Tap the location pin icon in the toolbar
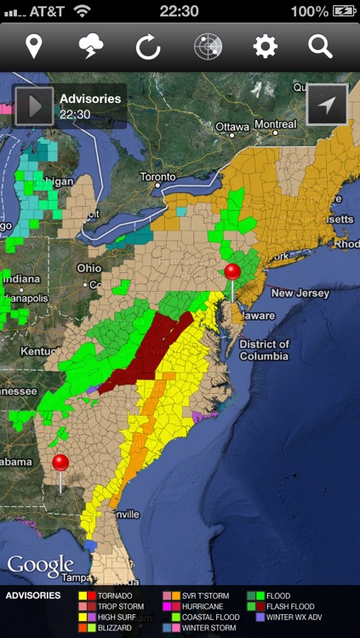click(34, 46)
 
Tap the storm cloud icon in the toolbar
click(91, 46)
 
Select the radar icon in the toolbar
click(207, 46)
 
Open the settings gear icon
click(265, 46)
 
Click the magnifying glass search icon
click(320, 46)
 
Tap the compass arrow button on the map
click(327, 105)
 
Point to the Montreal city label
click(275, 124)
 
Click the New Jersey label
click(300, 293)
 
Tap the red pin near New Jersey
click(232, 272)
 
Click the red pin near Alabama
click(60, 464)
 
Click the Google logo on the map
click(40, 566)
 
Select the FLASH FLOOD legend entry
click(289, 607)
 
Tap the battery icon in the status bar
click(344, 11)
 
